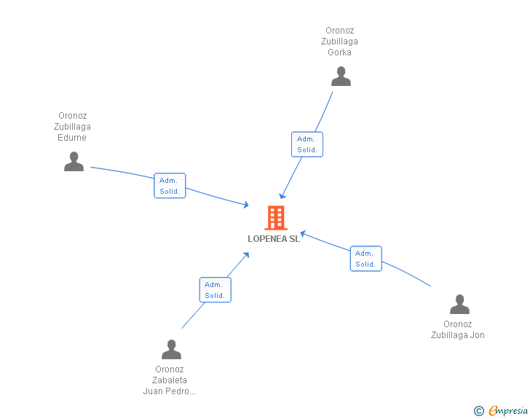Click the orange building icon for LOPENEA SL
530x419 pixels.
pos(276,218)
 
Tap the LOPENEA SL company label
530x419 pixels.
pos(274,239)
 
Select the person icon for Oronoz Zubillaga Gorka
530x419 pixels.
pos(341,77)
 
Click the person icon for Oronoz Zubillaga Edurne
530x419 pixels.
pos(74,162)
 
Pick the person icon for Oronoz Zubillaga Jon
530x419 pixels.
pos(459,305)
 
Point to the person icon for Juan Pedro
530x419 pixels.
pos(171,349)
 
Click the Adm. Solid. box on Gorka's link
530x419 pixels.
pos(307,144)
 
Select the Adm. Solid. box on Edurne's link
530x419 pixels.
pos(170,186)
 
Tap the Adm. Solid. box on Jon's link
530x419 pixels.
pos(365,259)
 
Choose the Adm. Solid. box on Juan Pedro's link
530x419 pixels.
pos(215,290)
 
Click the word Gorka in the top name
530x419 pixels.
pos(339,52)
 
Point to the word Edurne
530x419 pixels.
pos(72,138)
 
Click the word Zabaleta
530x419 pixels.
pos(170,380)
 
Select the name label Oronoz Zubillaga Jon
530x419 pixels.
pos(458,329)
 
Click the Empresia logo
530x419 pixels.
pos(508,410)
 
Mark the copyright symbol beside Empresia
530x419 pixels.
pos(479,411)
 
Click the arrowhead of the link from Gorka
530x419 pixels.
pos(282,196)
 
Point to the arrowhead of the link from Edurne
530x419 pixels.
pos(246,205)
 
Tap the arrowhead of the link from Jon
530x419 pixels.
pos(303,233)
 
